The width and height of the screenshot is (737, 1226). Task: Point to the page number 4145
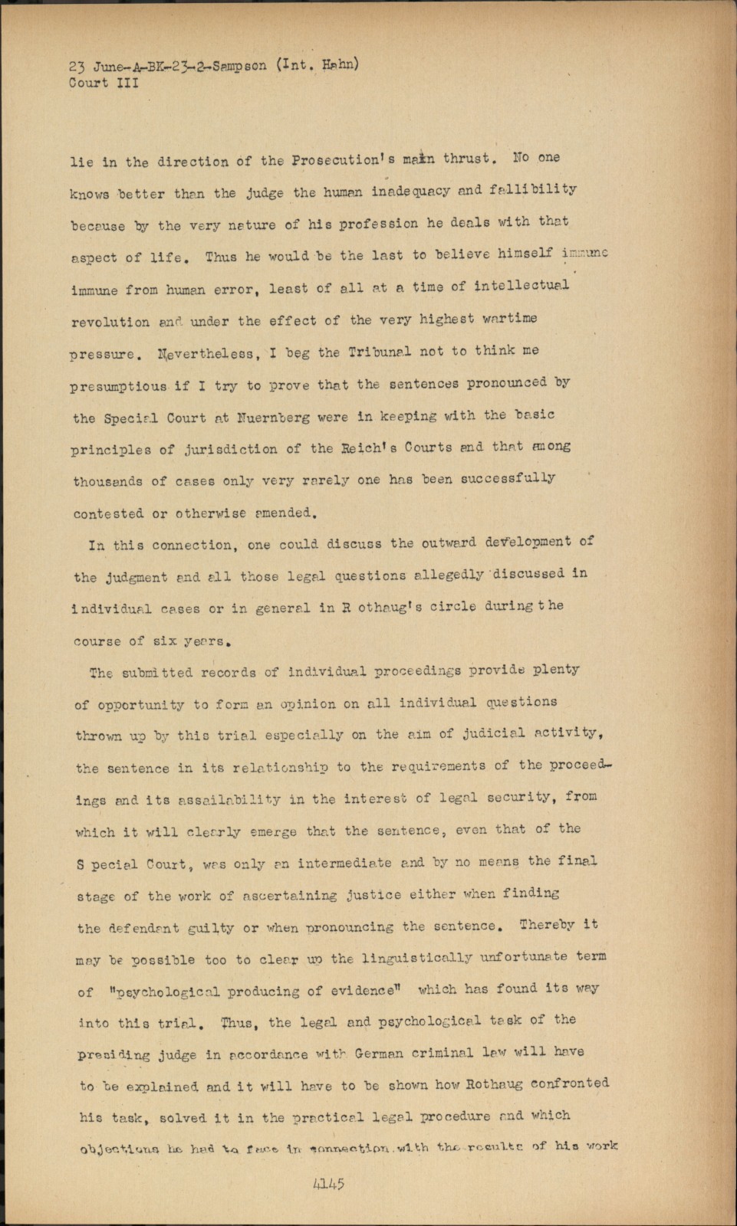[328, 1184]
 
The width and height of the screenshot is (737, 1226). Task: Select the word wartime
[509, 318]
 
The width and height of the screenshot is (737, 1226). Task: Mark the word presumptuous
[119, 387]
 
